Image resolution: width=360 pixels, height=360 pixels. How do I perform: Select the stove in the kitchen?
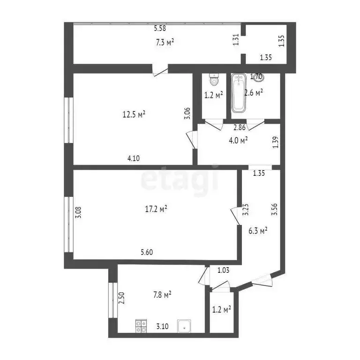[x=141, y=326]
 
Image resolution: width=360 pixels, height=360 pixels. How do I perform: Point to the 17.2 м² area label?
[x=158, y=209]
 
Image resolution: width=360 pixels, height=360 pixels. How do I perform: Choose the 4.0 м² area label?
[x=238, y=139]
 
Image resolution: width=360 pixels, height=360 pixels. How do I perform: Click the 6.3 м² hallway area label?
[x=258, y=230]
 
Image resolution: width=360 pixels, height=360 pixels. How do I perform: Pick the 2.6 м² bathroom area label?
[x=254, y=92]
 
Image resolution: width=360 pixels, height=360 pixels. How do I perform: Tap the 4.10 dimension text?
[x=134, y=158]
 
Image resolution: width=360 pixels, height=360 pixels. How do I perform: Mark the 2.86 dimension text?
[x=240, y=127]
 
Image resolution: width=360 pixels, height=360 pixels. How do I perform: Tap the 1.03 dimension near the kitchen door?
[x=223, y=270]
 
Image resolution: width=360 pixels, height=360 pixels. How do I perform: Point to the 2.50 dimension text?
[x=121, y=299]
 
